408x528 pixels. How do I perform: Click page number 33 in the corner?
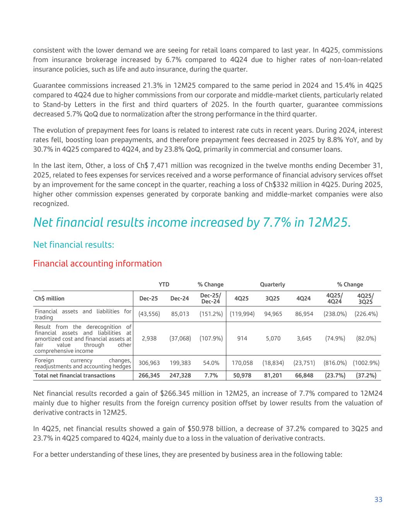(x=378, y=499)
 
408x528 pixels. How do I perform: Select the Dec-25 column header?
(x=149, y=299)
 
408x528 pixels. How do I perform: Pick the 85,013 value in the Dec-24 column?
(x=180, y=314)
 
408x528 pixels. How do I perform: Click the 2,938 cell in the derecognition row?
(x=149, y=338)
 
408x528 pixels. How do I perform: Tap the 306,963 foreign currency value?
(x=149, y=363)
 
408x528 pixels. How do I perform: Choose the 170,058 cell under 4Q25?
(x=242, y=363)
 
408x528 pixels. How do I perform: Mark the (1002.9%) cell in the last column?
(x=366, y=363)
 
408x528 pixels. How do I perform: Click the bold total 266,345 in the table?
(x=149, y=375)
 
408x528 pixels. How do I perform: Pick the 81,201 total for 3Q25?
(x=273, y=375)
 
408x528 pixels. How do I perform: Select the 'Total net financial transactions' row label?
(x=75, y=375)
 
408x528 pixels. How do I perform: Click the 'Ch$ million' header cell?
(x=50, y=299)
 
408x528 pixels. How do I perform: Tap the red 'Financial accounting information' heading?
(x=97, y=263)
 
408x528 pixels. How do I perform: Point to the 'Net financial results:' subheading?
(x=73, y=244)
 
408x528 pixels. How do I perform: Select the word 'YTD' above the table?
(x=164, y=284)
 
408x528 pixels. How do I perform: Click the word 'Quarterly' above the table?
(x=272, y=284)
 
